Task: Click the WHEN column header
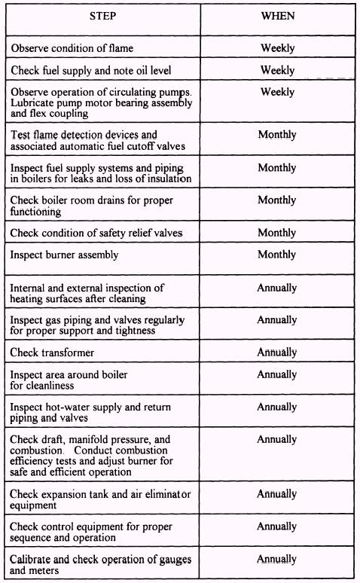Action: pos(277,16)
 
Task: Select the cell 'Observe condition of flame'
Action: pos(72,49)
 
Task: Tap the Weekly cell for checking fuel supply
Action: pos(277,70)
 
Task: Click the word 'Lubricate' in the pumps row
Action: pos(34,103)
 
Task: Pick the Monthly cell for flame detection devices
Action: pos(277,135)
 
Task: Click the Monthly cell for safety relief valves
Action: pos(277,233)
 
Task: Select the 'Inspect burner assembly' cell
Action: pos(64,255)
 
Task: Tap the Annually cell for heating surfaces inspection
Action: pos(277,288)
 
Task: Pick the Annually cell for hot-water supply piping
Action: pos(277,407)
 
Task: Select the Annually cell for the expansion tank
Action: pos(277,494)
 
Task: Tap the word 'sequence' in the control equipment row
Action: pos(33,538)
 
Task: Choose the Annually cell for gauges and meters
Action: pos(277,560)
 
